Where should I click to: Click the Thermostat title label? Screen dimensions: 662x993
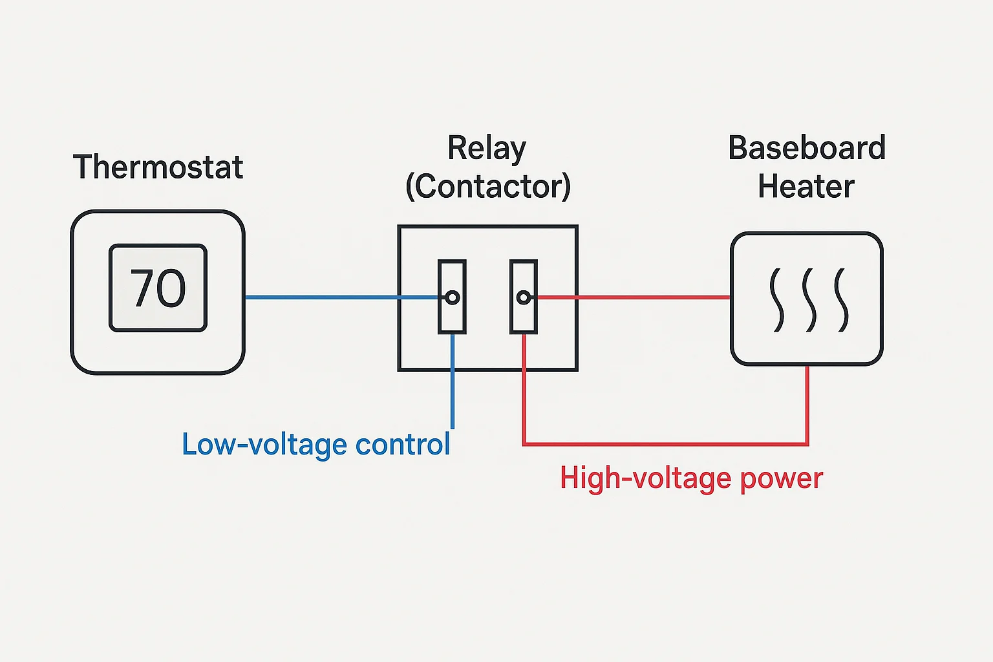point(158,167)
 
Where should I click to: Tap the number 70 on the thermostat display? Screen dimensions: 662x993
point(158,288)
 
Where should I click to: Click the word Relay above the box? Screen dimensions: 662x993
point(487,149)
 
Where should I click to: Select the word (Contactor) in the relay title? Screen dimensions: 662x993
point(488,187)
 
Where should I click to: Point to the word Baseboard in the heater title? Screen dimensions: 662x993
point(806,148)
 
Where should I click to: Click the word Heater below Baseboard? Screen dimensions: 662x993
point(806,187)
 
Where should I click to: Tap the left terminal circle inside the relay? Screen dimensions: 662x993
point(453,297)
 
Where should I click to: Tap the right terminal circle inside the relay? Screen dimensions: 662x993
point(524,297)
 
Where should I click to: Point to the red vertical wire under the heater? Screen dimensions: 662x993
point(807,404)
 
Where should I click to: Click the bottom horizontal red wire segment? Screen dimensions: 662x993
point(666,444)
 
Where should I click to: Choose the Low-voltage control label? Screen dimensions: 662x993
point(315,445)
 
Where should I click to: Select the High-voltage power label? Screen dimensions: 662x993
point(691,479)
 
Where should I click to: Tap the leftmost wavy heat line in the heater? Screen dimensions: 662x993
point(776,300)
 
